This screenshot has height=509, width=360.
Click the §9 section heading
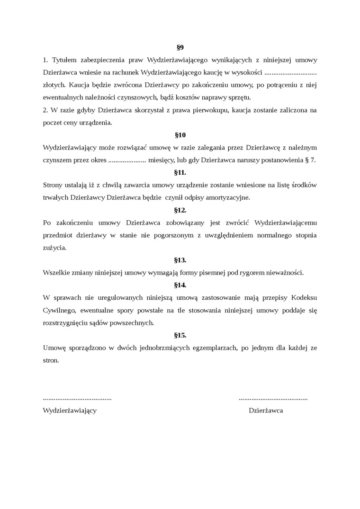click(180, 47)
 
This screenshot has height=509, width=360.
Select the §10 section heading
click(180, 135)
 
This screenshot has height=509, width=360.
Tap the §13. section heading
click(180, 260)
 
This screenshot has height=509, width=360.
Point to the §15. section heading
click(180, 335)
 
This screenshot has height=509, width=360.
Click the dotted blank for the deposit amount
click(290, 73)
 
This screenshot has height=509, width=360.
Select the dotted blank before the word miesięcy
click(127, 160)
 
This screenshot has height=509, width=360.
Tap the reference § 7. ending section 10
click(309, 160)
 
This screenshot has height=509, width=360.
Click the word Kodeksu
click(304, 297)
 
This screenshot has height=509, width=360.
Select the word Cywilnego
click(59, 310)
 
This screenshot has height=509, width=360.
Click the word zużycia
click(54, 248)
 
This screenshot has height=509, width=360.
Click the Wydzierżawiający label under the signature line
click(70, 411)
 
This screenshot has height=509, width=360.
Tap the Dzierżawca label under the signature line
click(266, 411)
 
